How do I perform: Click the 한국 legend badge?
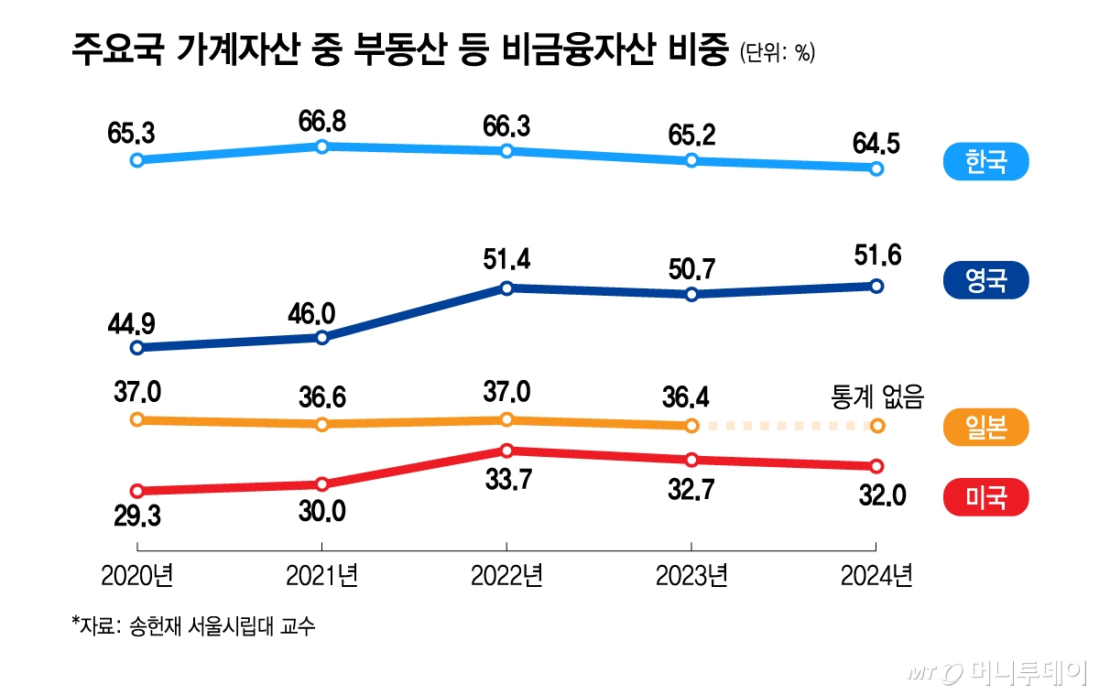click(x=985, y=163)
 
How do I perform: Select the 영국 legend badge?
click(x=985, y=280)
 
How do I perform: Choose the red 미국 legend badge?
click(x=985, y=497)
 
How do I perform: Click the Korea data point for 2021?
click(x=321, y=147)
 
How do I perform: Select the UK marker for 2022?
click(x=506, y=288)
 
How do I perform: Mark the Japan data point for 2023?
click(x=691, y=425)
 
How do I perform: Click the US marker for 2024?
click(x=876, y=465)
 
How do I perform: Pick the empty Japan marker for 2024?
click(x=876, y=425)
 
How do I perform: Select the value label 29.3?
click(x=136, y=516)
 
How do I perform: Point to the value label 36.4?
click(x=691, y=399)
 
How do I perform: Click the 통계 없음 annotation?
click(x=876, y=397)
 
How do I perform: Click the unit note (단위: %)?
click(x=777, y=53)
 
